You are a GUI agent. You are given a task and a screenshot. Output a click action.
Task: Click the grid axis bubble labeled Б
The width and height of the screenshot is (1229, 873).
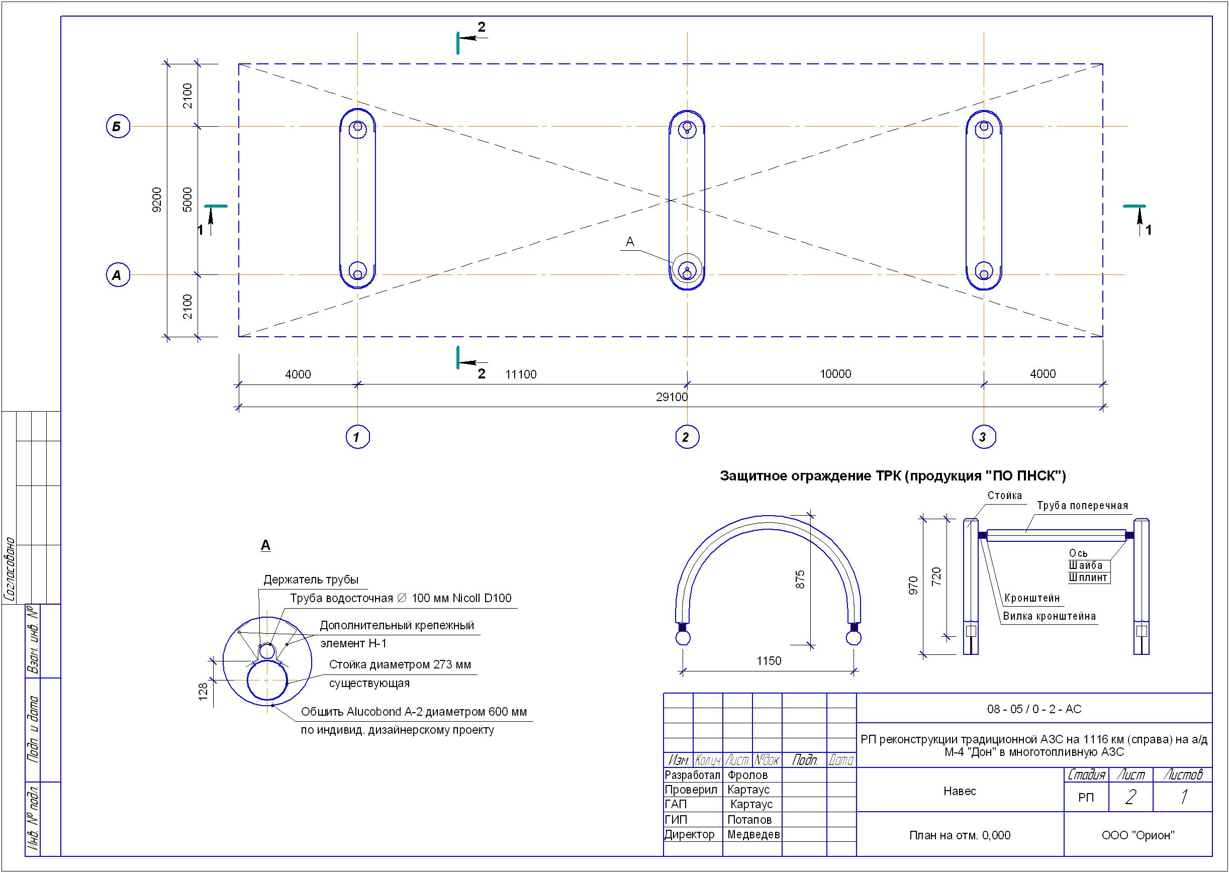pyautogui.click(x=118, y=127)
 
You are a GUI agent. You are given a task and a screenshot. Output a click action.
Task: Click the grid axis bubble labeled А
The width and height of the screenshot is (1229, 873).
pyautogui.click(x=118, y=275)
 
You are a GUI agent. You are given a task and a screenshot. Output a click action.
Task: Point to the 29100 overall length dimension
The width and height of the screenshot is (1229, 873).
pyautogui.click(x=672, y=397)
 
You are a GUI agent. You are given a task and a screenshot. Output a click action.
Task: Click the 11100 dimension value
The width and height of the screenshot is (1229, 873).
pyautogui.click(x=520, y=374)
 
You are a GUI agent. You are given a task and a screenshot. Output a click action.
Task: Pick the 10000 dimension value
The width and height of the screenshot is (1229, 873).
pyautogui.click(x=835, y=373)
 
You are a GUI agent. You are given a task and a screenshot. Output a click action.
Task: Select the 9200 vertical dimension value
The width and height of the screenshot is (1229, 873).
pyautogui.click(x=156, y=200)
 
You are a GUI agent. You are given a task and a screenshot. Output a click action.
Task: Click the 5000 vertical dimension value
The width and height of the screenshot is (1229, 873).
pyautogui.click(x=187, y=200)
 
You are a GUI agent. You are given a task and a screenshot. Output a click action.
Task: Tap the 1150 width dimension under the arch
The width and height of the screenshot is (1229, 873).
pyautogui.click(x=769, y=661)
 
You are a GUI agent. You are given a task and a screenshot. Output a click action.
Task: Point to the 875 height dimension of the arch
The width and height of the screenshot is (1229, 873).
pyautogui.click(x=800, y=579)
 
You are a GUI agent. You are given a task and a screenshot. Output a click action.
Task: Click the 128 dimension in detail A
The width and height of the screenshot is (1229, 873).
pyautogui.click(x=203, y=693)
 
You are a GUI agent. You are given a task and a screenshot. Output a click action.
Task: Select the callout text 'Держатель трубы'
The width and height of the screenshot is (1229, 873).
pyautogui.click(x=311, y=579)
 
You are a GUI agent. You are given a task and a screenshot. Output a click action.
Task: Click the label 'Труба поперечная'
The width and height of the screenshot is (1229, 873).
pyautogui.click(x=1082, y=506)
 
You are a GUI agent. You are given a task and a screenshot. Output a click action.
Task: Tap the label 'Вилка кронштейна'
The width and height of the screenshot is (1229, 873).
pyautogui.click(x=1049, y=616)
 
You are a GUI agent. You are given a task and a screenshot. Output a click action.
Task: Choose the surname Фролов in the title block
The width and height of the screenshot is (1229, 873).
pyautogui.click(x=747, y=774)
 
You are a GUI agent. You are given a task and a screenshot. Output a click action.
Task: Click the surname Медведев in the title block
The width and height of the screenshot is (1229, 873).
pyautogui.click(x=753, y=834)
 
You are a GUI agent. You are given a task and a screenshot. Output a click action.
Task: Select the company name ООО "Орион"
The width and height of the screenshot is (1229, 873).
pyautogui.click(x=1138, y=835)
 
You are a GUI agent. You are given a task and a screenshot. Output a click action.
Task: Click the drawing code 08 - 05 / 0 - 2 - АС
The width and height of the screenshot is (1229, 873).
pyautogui.click(x=1034, y=709)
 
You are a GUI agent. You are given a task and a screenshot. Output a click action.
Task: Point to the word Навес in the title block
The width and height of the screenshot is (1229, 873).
pyautogui.click(x=960, y=791)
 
